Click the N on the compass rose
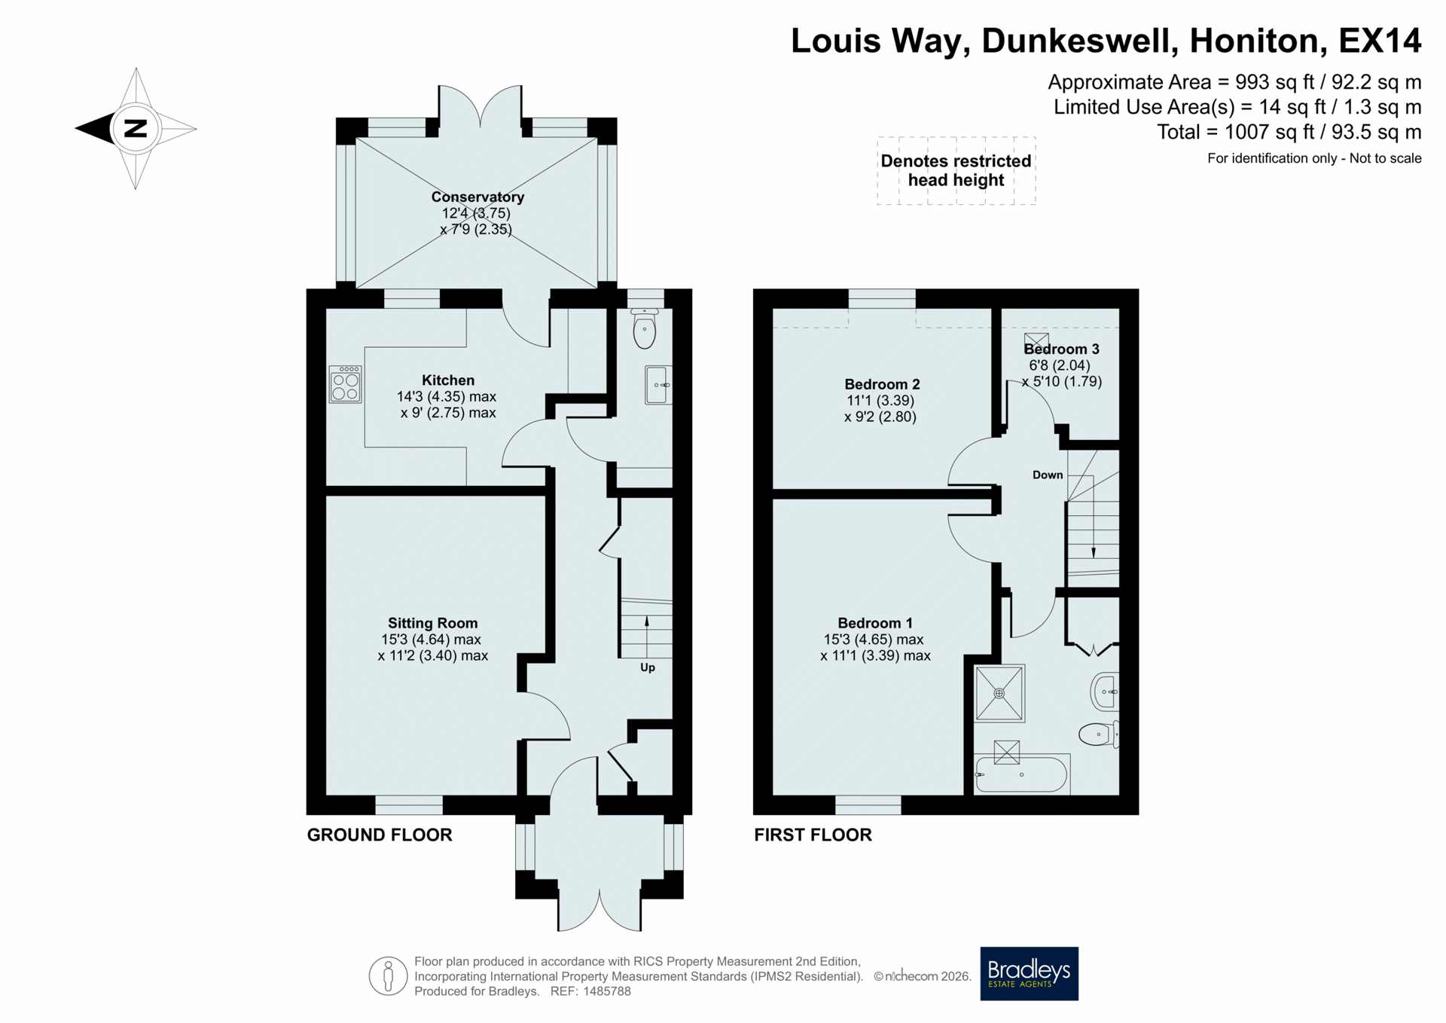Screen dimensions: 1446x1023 (x=136, y=128)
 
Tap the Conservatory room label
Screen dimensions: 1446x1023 (x=477, y=197)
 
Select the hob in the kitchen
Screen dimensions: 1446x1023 (x=346, y=384)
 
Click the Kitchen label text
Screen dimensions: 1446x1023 (x=448, y=380)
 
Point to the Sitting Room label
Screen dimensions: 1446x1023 (x=432, y=623)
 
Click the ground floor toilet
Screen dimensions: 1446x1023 (x=645, y=328)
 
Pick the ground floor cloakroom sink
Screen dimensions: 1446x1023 (x=658, y=385)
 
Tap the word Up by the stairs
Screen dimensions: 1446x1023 (x=648, y=667)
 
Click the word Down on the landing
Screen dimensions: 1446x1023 (x=1048, y=475)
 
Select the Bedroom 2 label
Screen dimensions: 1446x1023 (x=882, y=384)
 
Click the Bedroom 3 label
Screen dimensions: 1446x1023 (x=1061, y=349)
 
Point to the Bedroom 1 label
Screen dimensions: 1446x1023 (x=875, y=623)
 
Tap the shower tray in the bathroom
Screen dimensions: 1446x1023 (x=999, y=693)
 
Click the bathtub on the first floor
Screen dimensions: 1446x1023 (x=1021, y=774)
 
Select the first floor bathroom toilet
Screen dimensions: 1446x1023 (x=1100, y=734)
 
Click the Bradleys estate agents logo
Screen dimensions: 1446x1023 (x=1029, y=973)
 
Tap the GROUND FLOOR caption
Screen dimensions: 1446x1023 (x=380, y=835)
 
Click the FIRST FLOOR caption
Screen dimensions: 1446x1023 (x=813, y=835)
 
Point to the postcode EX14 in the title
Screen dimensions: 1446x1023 (x=1380, y=41)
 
